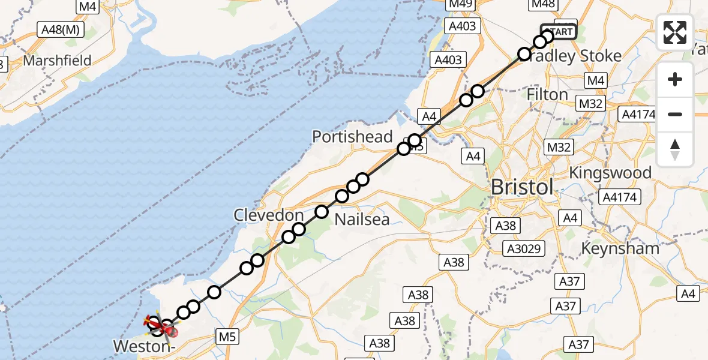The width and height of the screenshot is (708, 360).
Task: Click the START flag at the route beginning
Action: coord(559,32)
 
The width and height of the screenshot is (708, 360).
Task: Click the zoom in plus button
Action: coord(675,79)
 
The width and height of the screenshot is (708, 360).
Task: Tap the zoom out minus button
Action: coord(675,114)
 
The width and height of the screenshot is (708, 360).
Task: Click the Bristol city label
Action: coord(522,187)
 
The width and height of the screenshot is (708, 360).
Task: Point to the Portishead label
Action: coord(352,137)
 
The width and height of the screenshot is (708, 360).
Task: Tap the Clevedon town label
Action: coord(269,215)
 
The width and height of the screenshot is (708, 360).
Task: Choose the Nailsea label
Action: coord(362,220)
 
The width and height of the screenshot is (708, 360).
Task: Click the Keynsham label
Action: coord(621,248)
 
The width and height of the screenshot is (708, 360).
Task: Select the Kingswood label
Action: coord(610,173)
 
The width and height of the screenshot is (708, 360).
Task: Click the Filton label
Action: coord(547,95)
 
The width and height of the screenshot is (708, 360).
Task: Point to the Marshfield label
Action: coord(57,61)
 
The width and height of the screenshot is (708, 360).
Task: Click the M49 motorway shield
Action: coord(461,5)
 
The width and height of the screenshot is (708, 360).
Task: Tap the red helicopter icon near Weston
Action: coord(160,326)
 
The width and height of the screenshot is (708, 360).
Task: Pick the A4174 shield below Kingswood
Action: coord(620,197)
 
